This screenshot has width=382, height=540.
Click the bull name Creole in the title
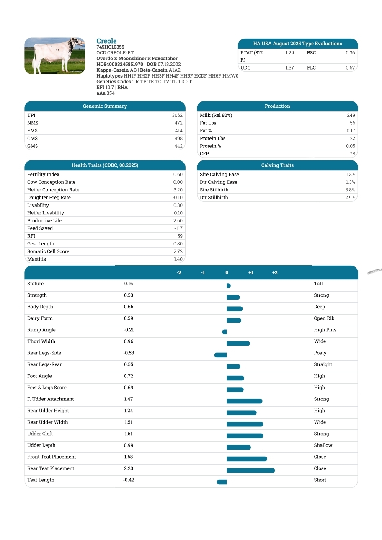pos(106,41)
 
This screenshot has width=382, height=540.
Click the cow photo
pos(55,56)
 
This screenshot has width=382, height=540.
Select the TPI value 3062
pos(177,115)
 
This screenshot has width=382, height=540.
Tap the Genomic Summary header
pos(105,106)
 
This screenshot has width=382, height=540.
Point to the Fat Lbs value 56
pos(352,123)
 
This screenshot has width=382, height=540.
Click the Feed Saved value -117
pos(178,228)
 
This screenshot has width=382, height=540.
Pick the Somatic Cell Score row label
pos(48,251)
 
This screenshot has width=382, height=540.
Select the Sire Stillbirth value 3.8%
pos(350,190)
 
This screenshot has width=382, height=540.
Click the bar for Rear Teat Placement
pos(250,470)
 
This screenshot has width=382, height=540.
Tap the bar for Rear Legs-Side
pos(221,355)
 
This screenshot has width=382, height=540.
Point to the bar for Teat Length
pos(222,482)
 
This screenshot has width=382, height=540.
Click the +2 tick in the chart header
pos(275,273)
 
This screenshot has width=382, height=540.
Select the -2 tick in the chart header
pos(179,273)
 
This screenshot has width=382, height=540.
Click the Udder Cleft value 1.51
pos(129,434)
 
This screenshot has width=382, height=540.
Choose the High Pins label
pos(325,330)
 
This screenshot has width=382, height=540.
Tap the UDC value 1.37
pos(289,68)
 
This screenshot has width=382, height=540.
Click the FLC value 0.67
pos(350,68)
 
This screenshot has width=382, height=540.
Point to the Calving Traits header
pos(277,165)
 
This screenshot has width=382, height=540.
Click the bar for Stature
pos(228,286)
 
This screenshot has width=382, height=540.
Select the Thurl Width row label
pos(41,341)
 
